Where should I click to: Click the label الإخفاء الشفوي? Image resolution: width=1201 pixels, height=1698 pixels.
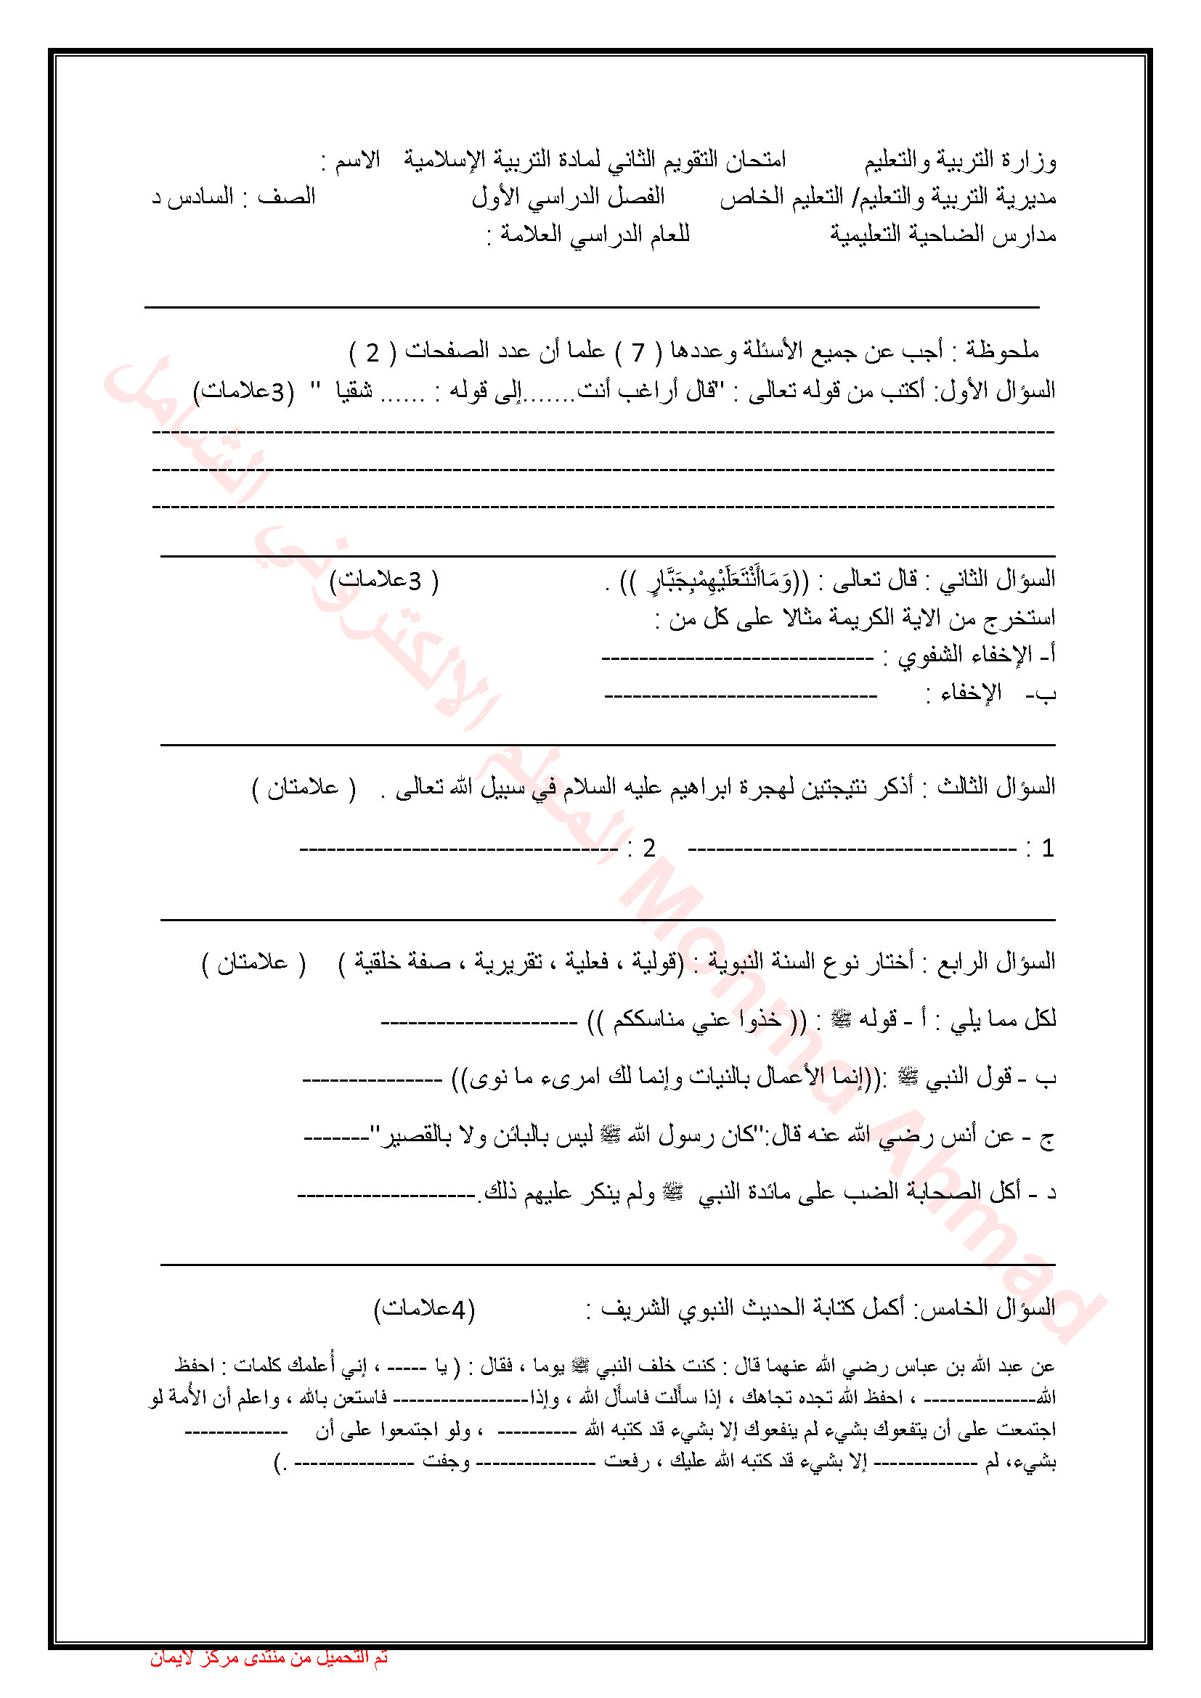[x=961, y=655]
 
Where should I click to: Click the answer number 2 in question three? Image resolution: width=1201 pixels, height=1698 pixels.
[x=648, y=848]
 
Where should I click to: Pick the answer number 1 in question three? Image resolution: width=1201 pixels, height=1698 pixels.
[x=1047, y=848]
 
